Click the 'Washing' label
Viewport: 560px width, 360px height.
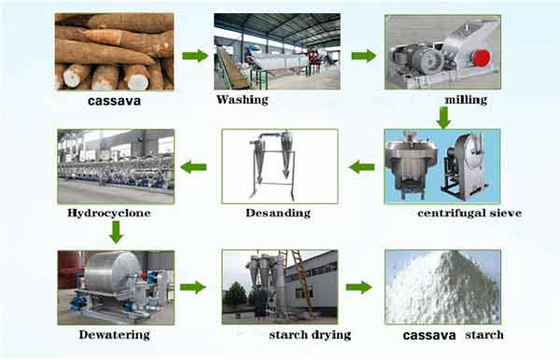coord(242,99)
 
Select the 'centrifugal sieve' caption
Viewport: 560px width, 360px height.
coord(469,214)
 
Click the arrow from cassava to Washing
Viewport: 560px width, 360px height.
coord(194,56)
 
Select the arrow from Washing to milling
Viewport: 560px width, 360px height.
coord(363,56)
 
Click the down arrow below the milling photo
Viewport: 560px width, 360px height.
coord(443,117)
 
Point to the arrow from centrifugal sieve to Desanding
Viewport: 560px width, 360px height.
coord(361,167)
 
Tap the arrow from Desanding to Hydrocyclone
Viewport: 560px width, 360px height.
coord(193,167)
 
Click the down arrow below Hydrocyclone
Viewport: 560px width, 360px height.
coord(115,231)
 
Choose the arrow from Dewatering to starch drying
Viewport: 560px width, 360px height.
coord(192,286)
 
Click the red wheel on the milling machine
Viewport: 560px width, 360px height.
coord(481,58)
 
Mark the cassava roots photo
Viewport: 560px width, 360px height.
coord(114,51)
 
